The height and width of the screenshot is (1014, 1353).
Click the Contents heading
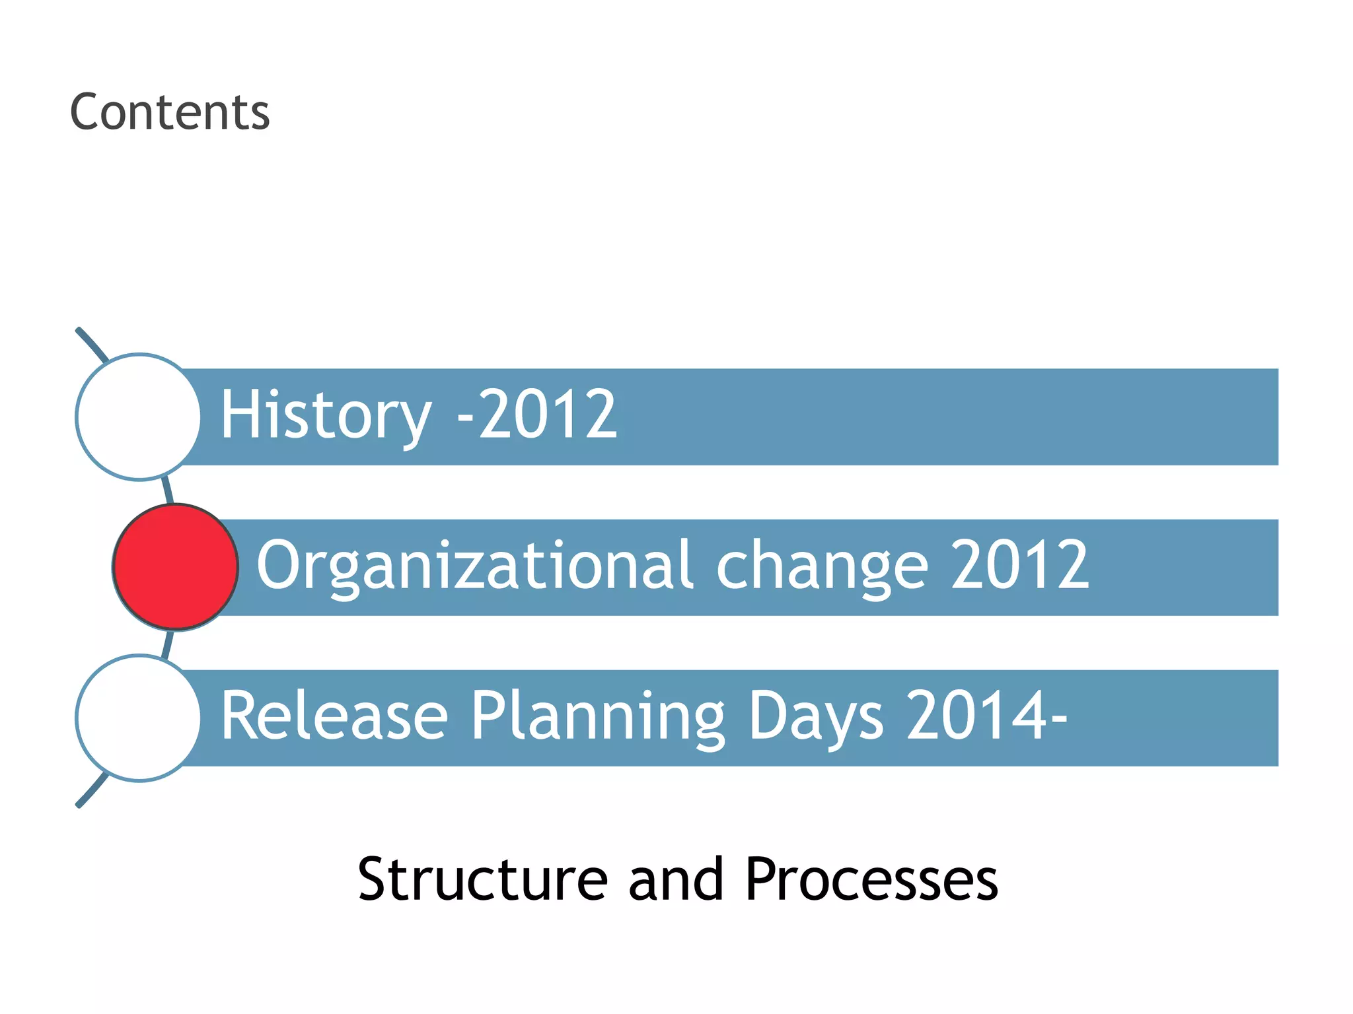tap(170, 112)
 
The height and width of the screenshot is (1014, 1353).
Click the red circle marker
tap(175, 567)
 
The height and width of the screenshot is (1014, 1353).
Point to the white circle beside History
tap(138, 417)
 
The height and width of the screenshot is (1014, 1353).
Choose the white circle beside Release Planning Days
tap(138, 718)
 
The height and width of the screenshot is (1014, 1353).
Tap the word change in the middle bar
tap(822, 566)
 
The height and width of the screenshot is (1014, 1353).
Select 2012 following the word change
tap(1019, 565)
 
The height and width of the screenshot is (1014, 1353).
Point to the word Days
tap(815, 717)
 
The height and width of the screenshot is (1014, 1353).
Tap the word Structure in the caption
tap(482, 879)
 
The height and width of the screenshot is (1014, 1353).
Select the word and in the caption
tap(675, 879)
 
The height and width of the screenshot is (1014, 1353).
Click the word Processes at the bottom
tap(871, 881)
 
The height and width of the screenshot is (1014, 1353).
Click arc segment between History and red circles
tap(168, 490)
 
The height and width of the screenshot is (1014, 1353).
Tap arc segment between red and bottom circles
tap(168, 644)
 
